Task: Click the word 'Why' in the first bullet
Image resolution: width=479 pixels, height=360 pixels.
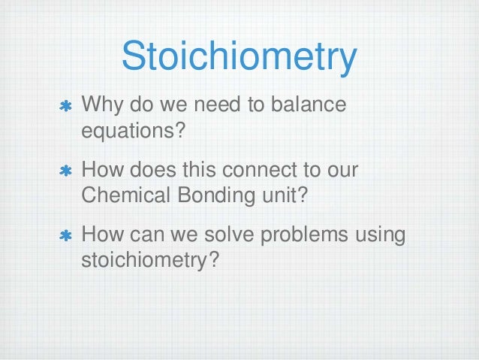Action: tap(100, 104)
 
